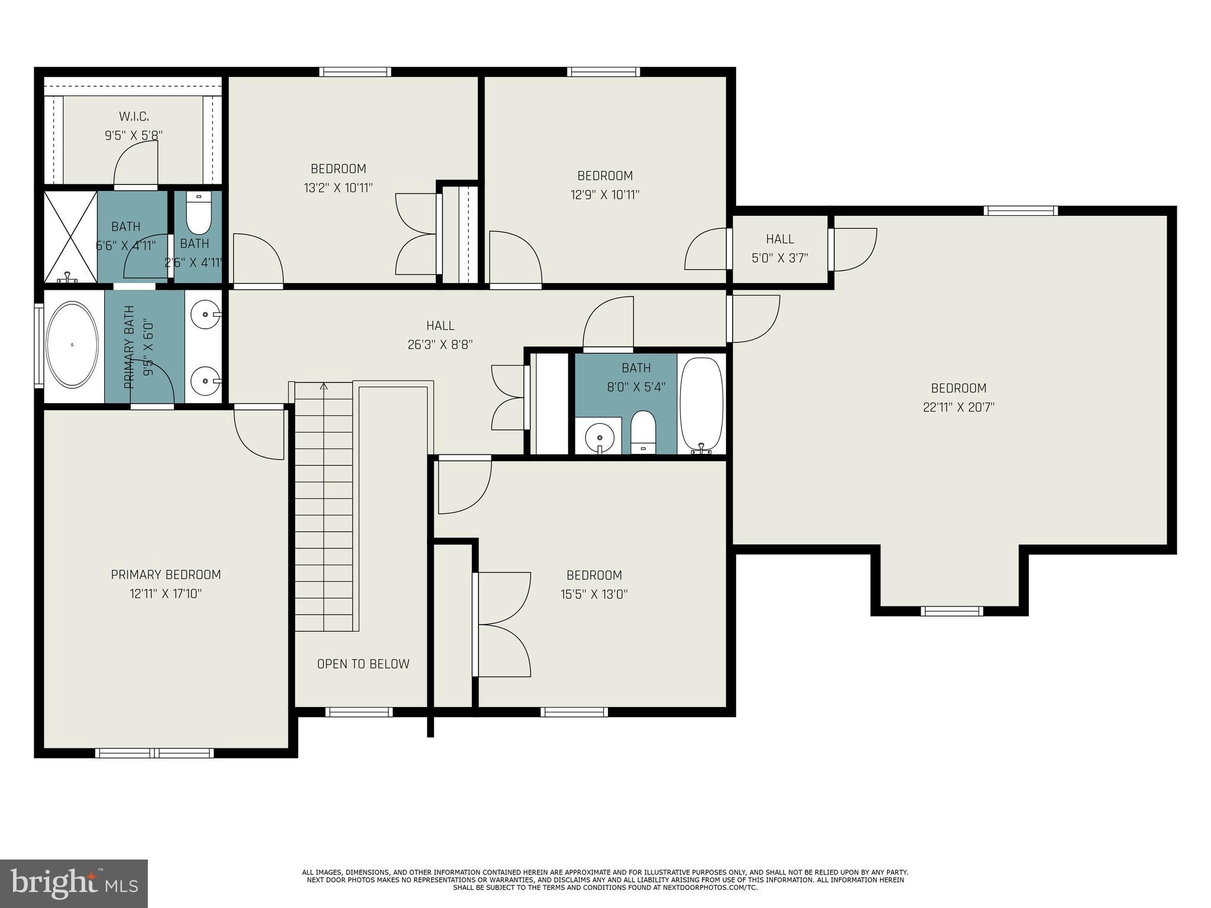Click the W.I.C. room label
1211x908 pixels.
134,116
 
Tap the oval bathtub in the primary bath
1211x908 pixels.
72,345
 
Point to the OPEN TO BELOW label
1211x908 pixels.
363,664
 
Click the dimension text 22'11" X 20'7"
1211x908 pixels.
959,407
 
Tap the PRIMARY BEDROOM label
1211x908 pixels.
166,575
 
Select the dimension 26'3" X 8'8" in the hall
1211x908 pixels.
440,345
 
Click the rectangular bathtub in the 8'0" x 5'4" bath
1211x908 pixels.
701,403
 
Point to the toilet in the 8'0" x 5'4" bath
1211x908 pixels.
643,431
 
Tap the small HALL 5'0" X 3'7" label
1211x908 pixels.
780,239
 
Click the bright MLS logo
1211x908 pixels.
73,883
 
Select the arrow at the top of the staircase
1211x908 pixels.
323,387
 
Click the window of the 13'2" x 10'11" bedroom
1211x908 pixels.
355,72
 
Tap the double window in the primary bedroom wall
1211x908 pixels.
154,753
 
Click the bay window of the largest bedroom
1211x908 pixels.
952,611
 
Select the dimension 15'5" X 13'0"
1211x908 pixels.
594,594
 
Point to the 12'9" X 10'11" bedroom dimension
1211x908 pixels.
605,194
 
